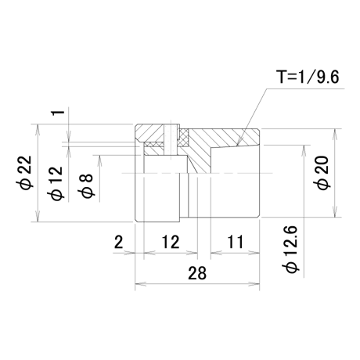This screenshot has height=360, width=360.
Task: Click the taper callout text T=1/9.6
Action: click(308, 77)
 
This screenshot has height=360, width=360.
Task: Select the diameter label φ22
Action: click(27, 173)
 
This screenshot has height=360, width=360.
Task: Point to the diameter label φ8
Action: click(85, 185)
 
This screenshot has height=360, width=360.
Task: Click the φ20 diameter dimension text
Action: click(323, 173)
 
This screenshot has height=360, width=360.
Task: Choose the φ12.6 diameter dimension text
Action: click(292, 250)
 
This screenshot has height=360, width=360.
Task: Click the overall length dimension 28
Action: click(197, 273)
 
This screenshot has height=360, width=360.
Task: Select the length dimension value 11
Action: click(236, 242)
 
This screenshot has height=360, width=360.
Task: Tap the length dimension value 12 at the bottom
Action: click(171, 242)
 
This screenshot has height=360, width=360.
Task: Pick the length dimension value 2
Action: click(119, 242)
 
